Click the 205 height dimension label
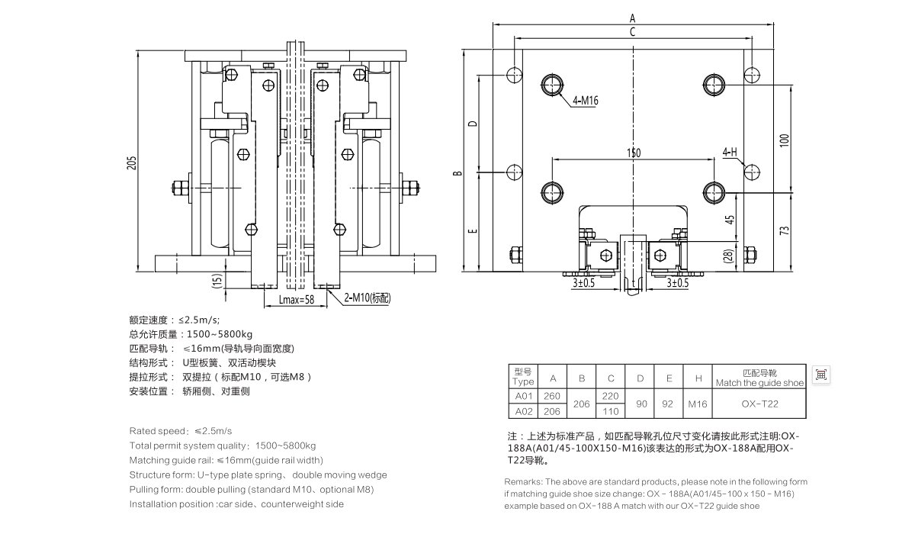(x=131, y=163)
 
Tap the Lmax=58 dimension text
(x=296, y=300)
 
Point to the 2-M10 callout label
(x=368, y=298)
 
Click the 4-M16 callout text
(x=586, y=101)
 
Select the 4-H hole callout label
(x=730, y=153)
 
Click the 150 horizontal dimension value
(x=634, y=153)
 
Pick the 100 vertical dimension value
(x=785, y=140)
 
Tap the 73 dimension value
(x=785, y=230)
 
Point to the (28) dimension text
(x=729, y=256)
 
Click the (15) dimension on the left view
(x=217, y=281)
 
